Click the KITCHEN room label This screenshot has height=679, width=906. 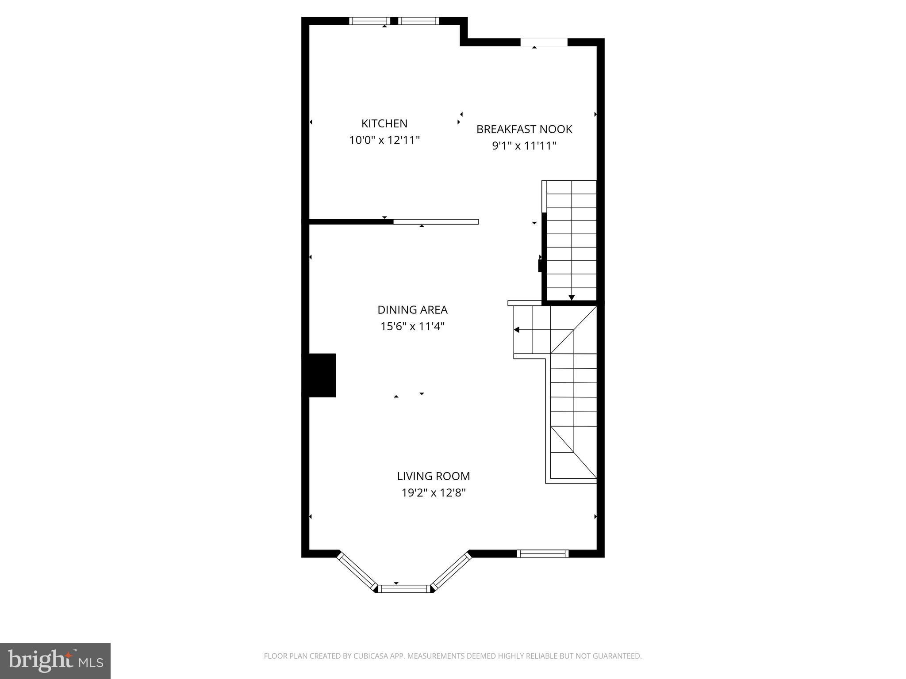tap(384, 123)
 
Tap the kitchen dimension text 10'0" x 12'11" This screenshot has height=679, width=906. tap(384, 140)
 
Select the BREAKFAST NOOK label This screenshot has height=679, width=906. tap(524, 129)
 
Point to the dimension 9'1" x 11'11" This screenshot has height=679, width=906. tap(524, 146)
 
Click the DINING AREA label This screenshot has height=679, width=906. tap(412, 309)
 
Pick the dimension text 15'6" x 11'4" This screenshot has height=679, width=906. tap(412, 327)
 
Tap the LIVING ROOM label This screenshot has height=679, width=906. tap(433, 476)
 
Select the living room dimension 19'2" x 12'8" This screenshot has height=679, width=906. tap(433, 492)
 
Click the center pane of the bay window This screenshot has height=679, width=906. tap(405, 588)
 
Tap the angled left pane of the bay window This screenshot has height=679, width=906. tap(357, 571)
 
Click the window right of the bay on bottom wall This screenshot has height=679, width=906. tap(542, 553)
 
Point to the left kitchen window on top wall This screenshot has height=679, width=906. tap(369, 21)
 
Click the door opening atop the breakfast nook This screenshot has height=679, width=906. tap(544, 42)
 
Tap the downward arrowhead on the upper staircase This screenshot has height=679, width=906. tap(571, 298)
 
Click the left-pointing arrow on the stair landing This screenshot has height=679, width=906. tap(516, 330)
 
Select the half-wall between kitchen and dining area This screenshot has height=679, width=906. tap(435, 222)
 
